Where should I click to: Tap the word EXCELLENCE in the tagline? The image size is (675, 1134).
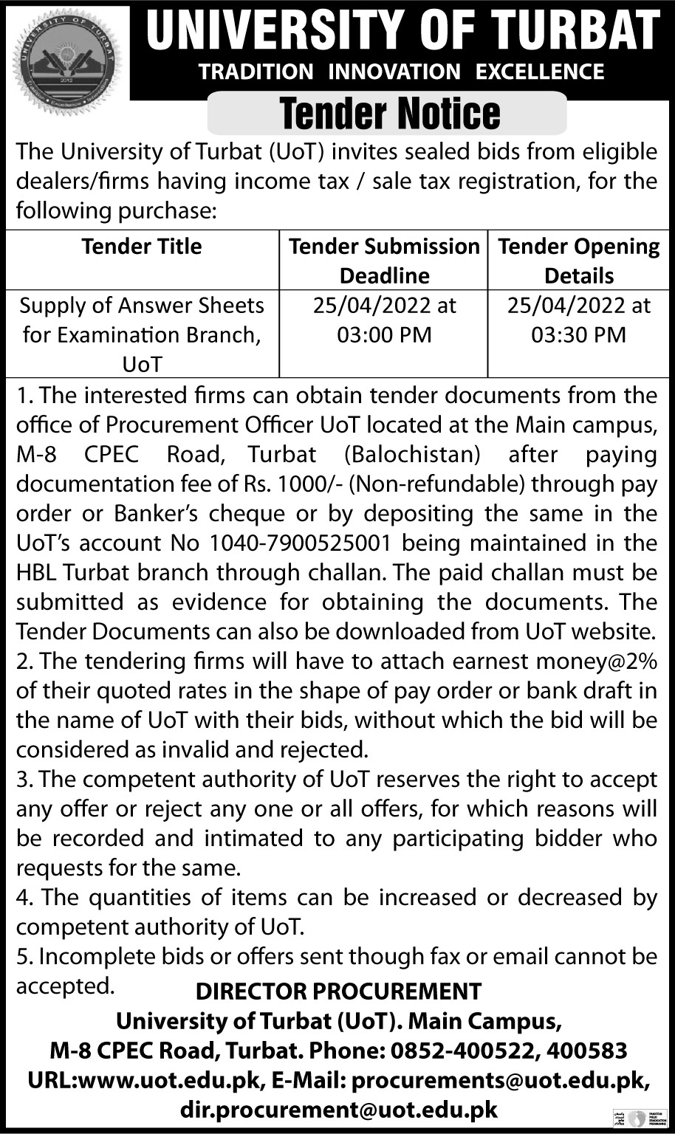coord(540,72)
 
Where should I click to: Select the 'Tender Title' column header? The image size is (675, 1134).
coord(142,246)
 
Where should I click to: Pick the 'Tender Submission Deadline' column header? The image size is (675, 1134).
coord(384,261)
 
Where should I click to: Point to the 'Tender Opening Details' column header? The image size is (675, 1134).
coord(579,261)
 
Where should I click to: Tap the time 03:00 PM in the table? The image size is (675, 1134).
coord(384,334)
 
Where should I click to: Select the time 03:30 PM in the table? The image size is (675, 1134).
coord(579,334)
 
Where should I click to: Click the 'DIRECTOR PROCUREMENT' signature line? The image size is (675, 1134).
coord(338,991)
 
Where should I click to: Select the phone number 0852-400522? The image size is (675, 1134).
coord(456,1050)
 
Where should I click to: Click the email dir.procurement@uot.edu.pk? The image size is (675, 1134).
coord(338,1109)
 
